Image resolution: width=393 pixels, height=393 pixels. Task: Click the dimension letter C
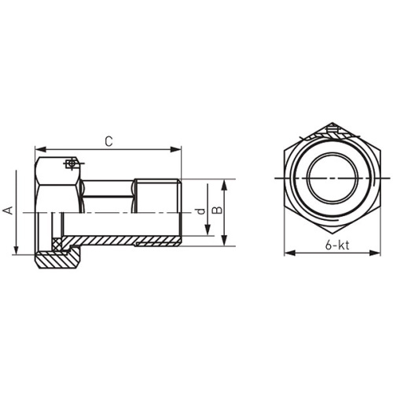coord(108,141)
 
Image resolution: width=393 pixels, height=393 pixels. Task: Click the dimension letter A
coord(8,211)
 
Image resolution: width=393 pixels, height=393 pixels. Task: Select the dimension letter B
coord(217,210)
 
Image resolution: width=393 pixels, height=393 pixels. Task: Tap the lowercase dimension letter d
coord(200,211)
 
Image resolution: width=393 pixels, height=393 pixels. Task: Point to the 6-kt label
coord(337,245)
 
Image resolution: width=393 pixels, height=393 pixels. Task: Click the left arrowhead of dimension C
coord(40,149)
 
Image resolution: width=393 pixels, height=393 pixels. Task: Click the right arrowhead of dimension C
coord(176,149)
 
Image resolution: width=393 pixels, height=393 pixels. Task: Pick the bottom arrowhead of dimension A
coord(17,249)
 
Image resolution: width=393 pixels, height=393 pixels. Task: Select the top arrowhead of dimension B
coord(224,185)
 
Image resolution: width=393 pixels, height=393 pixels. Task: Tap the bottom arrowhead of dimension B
coord(224,241)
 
